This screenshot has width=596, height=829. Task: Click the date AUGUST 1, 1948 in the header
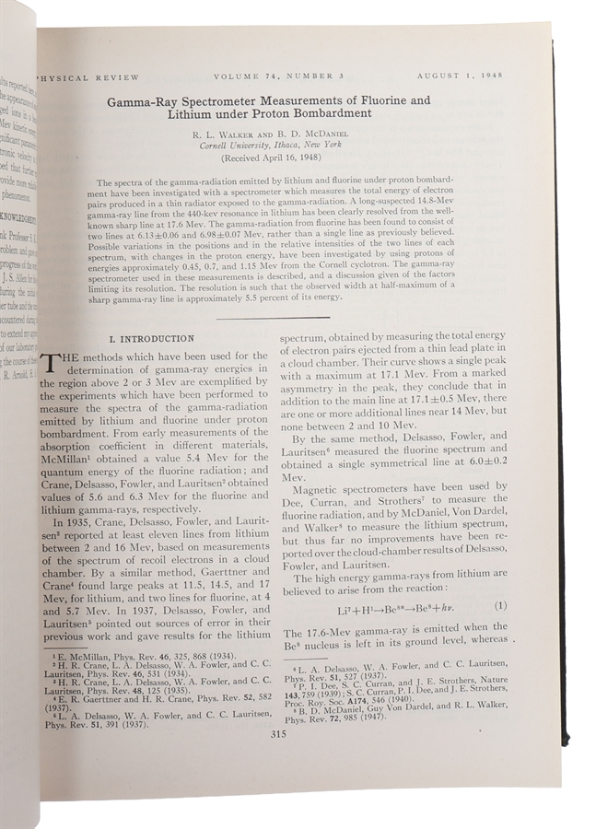[459, 75]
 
